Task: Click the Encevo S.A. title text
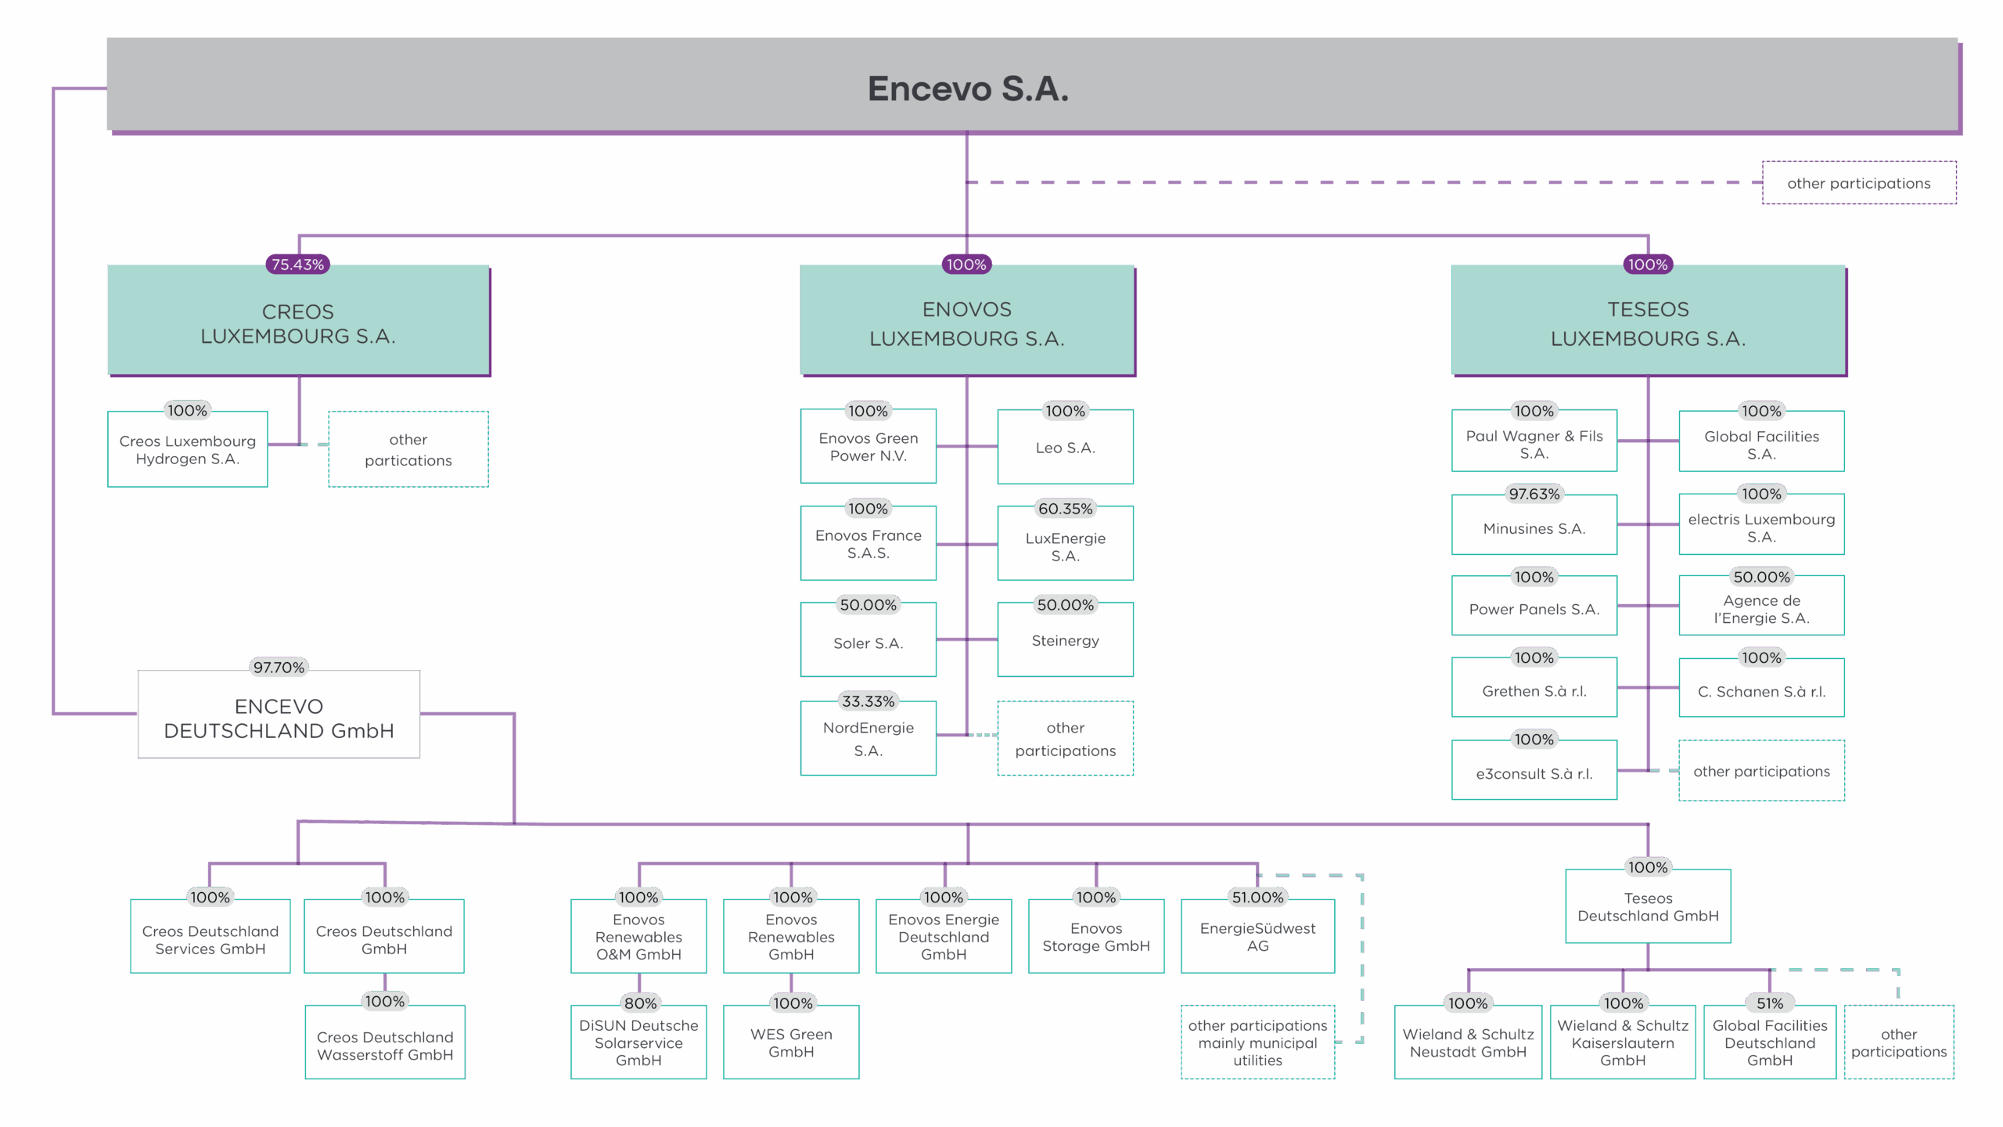968,88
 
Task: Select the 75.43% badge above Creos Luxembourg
297,265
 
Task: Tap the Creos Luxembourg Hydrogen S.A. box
188,450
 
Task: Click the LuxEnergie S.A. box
1065,546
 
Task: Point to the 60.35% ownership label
1065,509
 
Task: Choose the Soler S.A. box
868,643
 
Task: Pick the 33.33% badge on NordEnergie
868,701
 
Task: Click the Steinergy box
1065,641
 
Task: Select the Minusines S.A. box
1534,528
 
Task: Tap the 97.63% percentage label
1534,494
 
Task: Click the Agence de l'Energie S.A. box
1761,609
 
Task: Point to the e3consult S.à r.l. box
1534,773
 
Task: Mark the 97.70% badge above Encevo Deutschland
279,668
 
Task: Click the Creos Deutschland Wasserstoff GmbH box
385,1045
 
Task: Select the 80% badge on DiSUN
640,1003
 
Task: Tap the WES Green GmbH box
791,1042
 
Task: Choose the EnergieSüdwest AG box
1257,937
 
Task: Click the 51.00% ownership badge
1257,898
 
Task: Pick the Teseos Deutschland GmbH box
1648,907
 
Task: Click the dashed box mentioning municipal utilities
1257,1042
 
